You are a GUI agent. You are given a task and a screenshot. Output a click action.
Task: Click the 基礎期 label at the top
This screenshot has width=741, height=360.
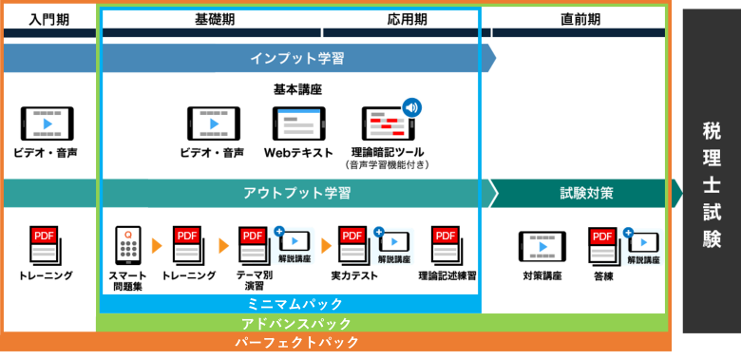click(204, 19)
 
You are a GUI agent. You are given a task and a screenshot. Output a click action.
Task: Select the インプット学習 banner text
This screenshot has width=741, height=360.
click(296, 58)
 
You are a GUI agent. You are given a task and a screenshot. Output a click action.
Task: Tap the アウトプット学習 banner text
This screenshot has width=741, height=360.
click(296, 193)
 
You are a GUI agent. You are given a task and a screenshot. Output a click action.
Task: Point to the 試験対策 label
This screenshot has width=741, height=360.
click(586, 193)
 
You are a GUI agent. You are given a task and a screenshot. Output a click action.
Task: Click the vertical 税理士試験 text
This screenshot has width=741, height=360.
click(712, 184)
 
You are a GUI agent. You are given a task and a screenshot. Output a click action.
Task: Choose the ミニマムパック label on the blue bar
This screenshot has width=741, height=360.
click(294, 304)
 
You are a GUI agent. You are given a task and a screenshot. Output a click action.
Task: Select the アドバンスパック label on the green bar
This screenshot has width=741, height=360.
click(296, 324)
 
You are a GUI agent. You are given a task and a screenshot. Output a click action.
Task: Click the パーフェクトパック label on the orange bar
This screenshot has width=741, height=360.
click(296, 342)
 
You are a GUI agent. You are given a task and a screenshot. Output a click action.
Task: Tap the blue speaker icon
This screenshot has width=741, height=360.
click(411, 107)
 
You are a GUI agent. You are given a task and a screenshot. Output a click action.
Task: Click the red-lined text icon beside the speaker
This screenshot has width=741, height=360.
click(387, 124)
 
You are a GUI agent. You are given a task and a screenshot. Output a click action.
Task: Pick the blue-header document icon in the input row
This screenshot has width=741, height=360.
click(298, 124)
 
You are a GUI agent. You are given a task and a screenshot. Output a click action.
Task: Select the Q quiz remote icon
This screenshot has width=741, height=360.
click(128, 245)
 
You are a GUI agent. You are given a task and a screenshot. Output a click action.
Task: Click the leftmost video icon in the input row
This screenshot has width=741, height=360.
click(47, 123)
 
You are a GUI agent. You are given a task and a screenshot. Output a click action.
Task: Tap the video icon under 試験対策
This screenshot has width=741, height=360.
click(542, 246)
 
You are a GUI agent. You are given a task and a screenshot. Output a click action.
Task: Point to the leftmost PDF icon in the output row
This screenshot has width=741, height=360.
click(44, 244)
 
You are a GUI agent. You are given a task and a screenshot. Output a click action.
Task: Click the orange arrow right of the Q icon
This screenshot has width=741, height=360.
click(157, 246)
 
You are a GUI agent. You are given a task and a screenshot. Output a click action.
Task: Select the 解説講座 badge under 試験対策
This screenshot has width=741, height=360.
click(643, 247)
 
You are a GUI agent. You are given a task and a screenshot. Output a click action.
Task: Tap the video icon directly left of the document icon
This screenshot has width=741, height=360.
click(214, 123)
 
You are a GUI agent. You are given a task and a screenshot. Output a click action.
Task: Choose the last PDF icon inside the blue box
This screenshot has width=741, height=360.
click(446, 244)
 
